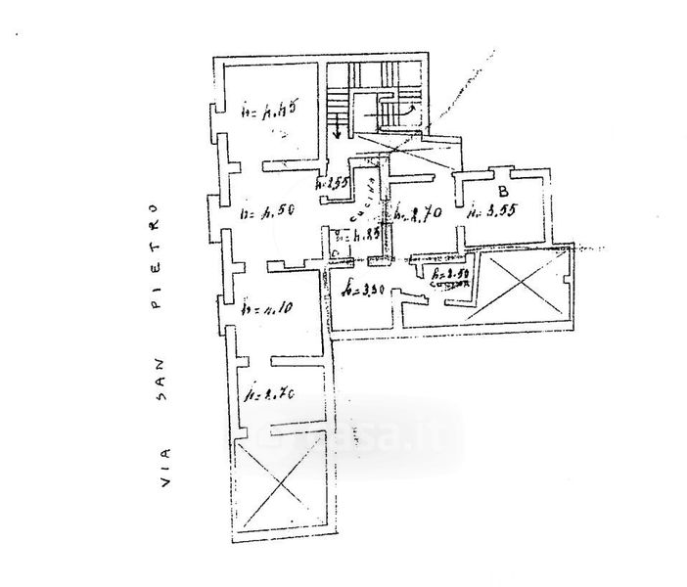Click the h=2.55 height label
click(x=333, y=183)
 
